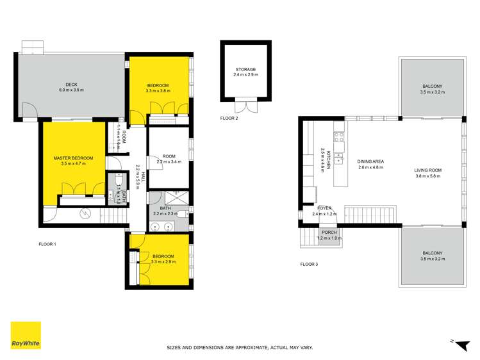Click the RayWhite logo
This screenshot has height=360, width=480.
26,336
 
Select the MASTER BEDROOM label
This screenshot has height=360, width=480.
73,158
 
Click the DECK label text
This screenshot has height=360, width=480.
71,83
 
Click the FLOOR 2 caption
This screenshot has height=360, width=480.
229,119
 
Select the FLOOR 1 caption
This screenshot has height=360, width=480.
48,244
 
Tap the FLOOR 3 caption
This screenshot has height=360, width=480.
310,264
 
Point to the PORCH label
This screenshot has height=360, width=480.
329,233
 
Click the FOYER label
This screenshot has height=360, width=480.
325,208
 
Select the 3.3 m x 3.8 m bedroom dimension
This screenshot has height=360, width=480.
158,92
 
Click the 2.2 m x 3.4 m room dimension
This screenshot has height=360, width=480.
169,162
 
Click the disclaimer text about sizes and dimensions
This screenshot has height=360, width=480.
240,347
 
